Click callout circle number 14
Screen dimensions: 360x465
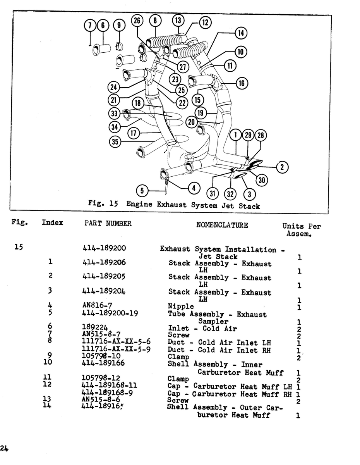241,33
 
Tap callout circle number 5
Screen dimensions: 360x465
142,190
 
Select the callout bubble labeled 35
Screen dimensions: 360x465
115,141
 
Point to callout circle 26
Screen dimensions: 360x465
137,21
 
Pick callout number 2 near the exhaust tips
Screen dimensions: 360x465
282,167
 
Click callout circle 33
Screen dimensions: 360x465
114,113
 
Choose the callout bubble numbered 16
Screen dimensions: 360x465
242,83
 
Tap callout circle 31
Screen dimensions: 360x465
213,193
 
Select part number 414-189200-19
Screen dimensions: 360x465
110,313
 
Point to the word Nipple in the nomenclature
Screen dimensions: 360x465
181,306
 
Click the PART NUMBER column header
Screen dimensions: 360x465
108,224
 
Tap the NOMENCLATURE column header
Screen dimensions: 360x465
222,225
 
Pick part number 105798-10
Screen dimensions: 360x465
101,356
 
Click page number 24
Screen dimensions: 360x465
4,448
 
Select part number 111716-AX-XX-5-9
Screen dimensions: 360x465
116,349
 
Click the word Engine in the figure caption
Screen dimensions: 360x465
139,204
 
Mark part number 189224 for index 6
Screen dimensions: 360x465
95,327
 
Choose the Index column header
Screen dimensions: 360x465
52,222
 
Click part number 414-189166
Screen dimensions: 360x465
103,363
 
